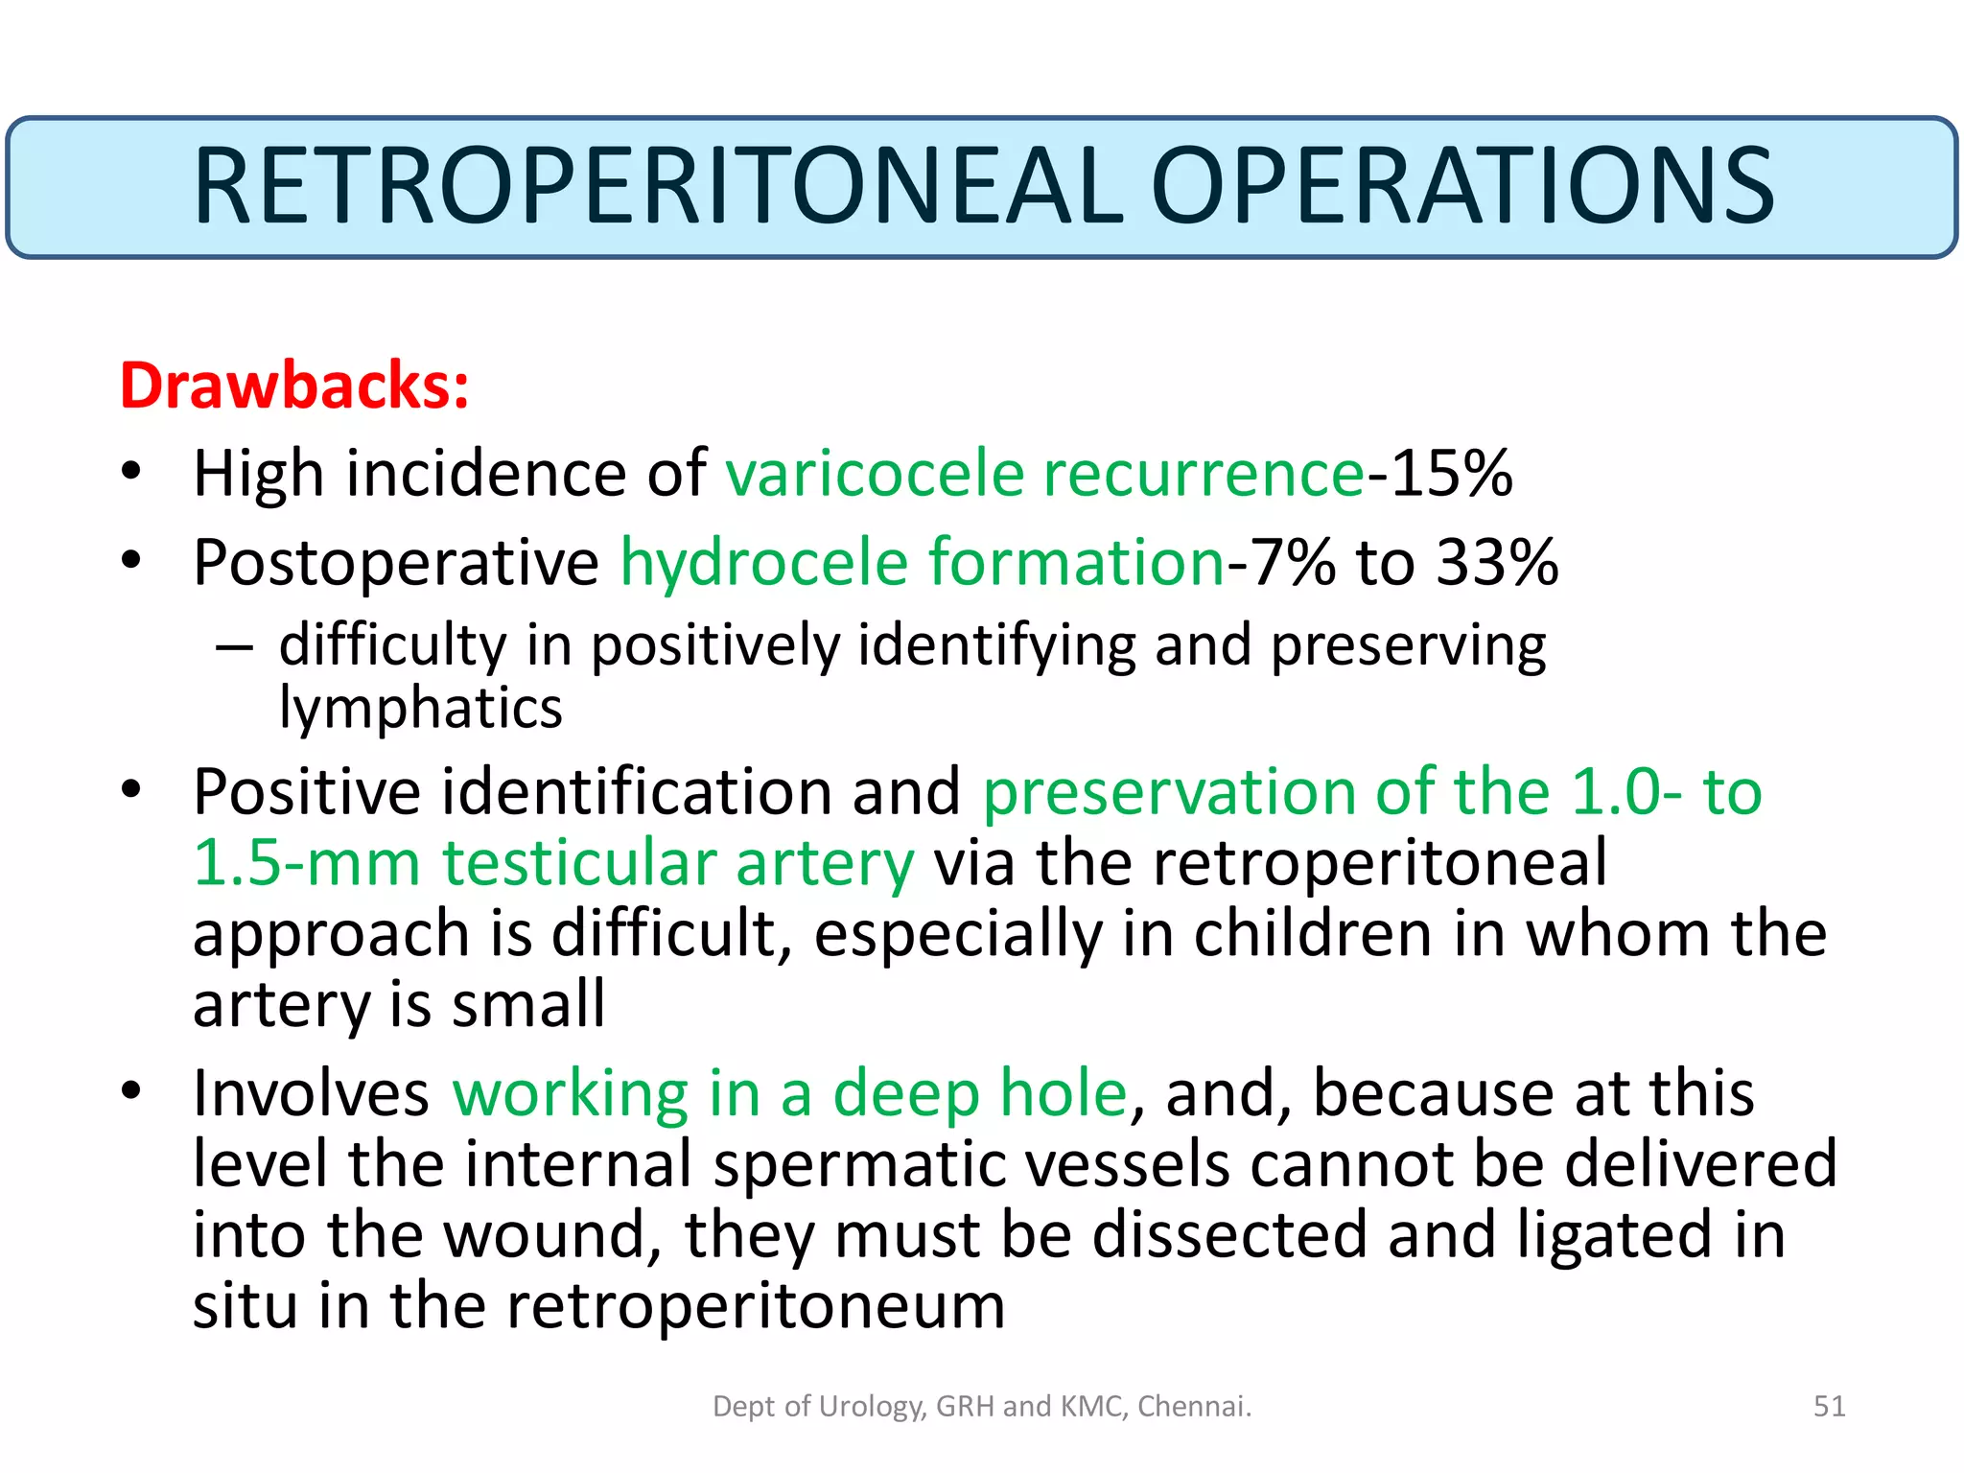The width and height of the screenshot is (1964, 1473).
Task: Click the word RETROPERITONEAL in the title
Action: pyautogui.click(x=658, y=186)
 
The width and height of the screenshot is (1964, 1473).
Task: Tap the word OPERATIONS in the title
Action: pyautogui.click(x=1461, y=186)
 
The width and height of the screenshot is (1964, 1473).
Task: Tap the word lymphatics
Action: pyautogui.click(x=420, y=709)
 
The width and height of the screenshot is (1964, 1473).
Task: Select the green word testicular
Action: pyautogui.click(x=579, y=862)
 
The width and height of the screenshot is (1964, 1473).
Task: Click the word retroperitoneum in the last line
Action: pyautogui.click(x=756, y=1305)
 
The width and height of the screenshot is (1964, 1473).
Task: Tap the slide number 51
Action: pyautogui.click(x=1829, y=1406)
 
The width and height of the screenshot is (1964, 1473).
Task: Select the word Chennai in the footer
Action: pyautogui.click(x=1194, y=1406)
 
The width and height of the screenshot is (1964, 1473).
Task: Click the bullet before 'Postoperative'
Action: pyautogui.click(x=131, y=559)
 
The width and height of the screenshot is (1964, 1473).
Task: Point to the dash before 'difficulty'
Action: pyautogui.click(x=234, y=648)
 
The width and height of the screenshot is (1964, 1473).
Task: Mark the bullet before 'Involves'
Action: pyautogui.click(x=131, y=1090)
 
